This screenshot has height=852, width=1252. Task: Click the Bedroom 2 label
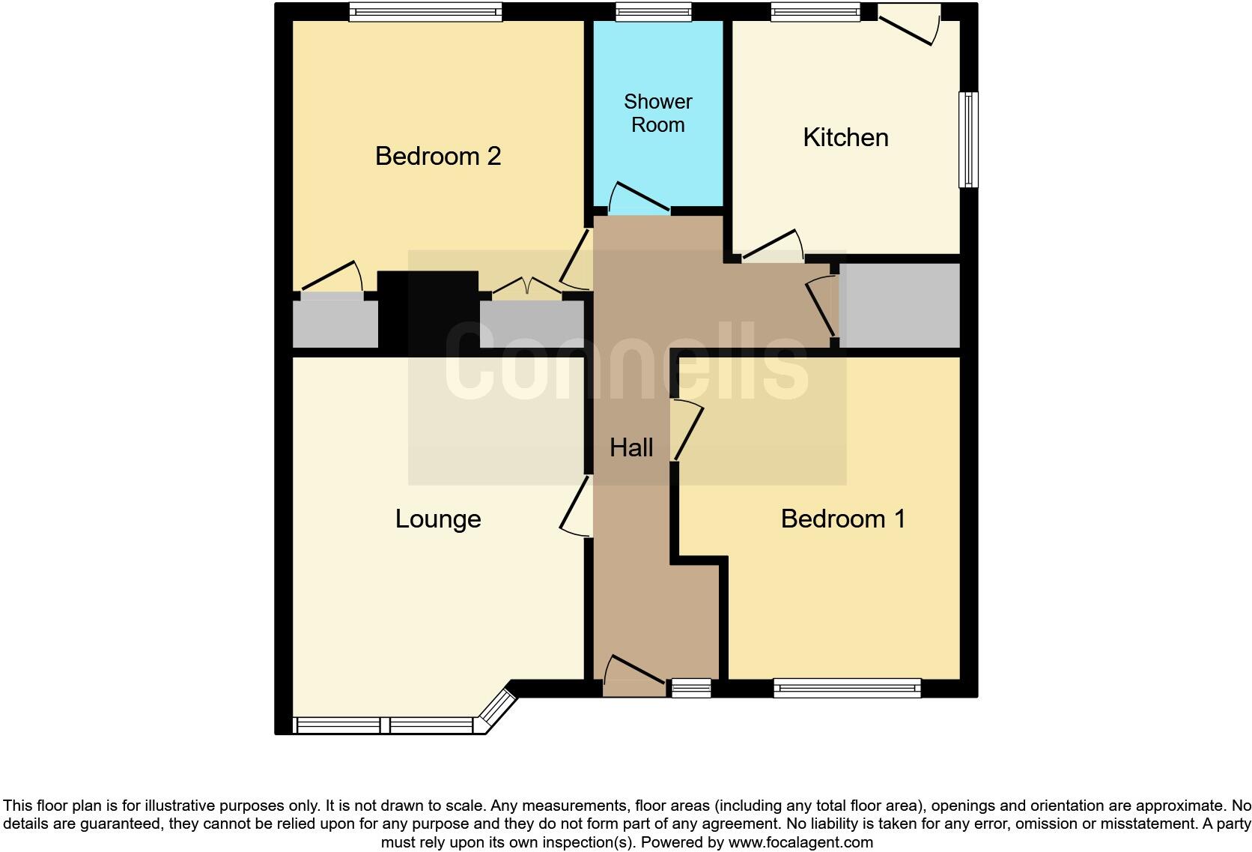click(x=437, y=156)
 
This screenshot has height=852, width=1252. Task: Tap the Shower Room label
click(x=657, y=113)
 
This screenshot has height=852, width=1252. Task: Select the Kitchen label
click(x=845, y=138)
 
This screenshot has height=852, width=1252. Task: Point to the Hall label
click(x=631, y=448)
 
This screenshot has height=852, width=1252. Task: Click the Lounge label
click(x=438, y=519)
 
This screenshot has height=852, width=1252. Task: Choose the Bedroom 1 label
click(x=842, y=519)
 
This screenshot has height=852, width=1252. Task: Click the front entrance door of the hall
click(x=633, y=677)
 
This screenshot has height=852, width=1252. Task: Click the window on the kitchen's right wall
click(x=968, y=139)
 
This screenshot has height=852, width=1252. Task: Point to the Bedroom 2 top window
click(x=425, y=11)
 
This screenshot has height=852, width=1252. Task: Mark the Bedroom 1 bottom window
click(x=846, y=687)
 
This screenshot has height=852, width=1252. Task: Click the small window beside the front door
click(x=690, y=687)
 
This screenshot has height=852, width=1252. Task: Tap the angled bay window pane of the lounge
click(x=498, y=709)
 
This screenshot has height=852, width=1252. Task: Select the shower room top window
click(x=653, y=11)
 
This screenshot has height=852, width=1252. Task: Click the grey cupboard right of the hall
click(x=899, y=305)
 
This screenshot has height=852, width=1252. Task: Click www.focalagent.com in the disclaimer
click(x=800, y=842)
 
